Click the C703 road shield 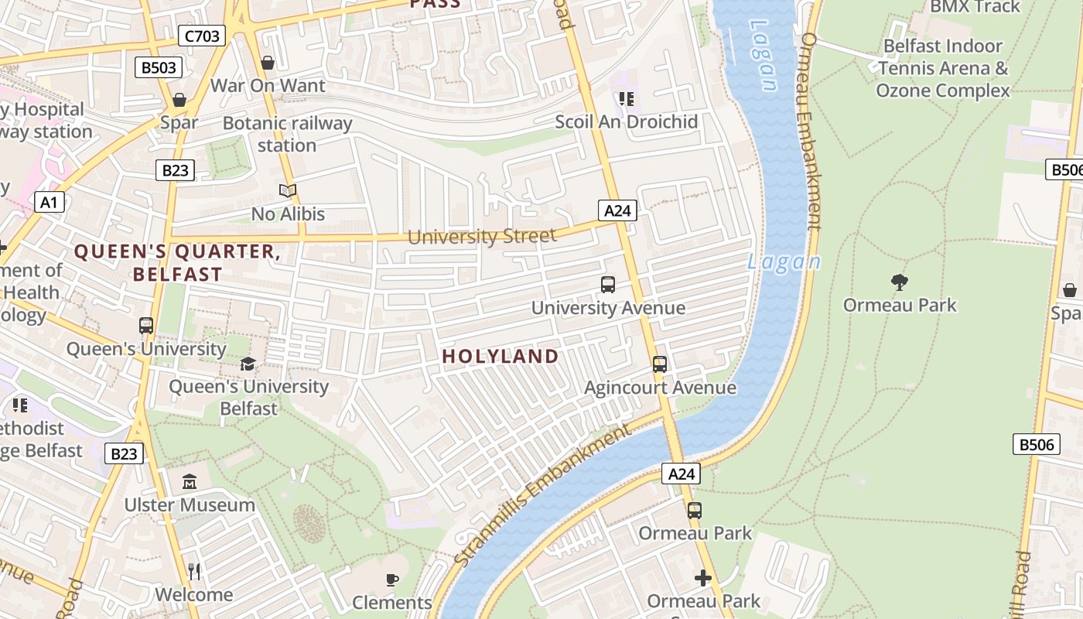click(x=202, y=36)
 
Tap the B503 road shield click(x=159, y=68)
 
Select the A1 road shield click(x=49, y=203)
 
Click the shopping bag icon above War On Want click(x=268, y=63)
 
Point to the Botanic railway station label click(x=287, y=134)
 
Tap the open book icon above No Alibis click(x=288, y=190)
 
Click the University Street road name click(x=481, y=237)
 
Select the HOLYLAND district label click(x=500, y=357)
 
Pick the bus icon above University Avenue click(x=608, y=285)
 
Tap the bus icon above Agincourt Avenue click(x=660, y=364)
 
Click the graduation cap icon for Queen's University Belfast click(x=248, y=364)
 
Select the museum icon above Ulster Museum click(x=190, y=483)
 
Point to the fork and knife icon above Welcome click(x=194, y=572)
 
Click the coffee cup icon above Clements click(x=392, y=580)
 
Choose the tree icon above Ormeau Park click(x=899, y=282)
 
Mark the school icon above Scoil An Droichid click(x=627, y=99)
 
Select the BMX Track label click(x=975, y=7)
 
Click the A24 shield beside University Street click(x=617, y=210)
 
